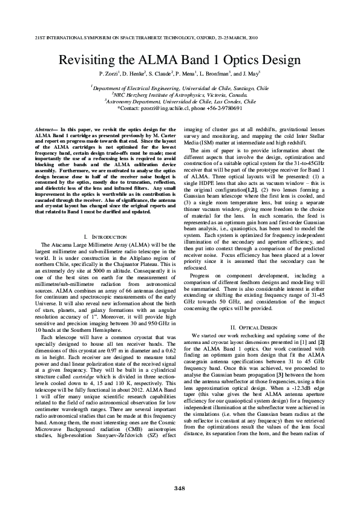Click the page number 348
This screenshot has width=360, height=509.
tap(180, 488)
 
